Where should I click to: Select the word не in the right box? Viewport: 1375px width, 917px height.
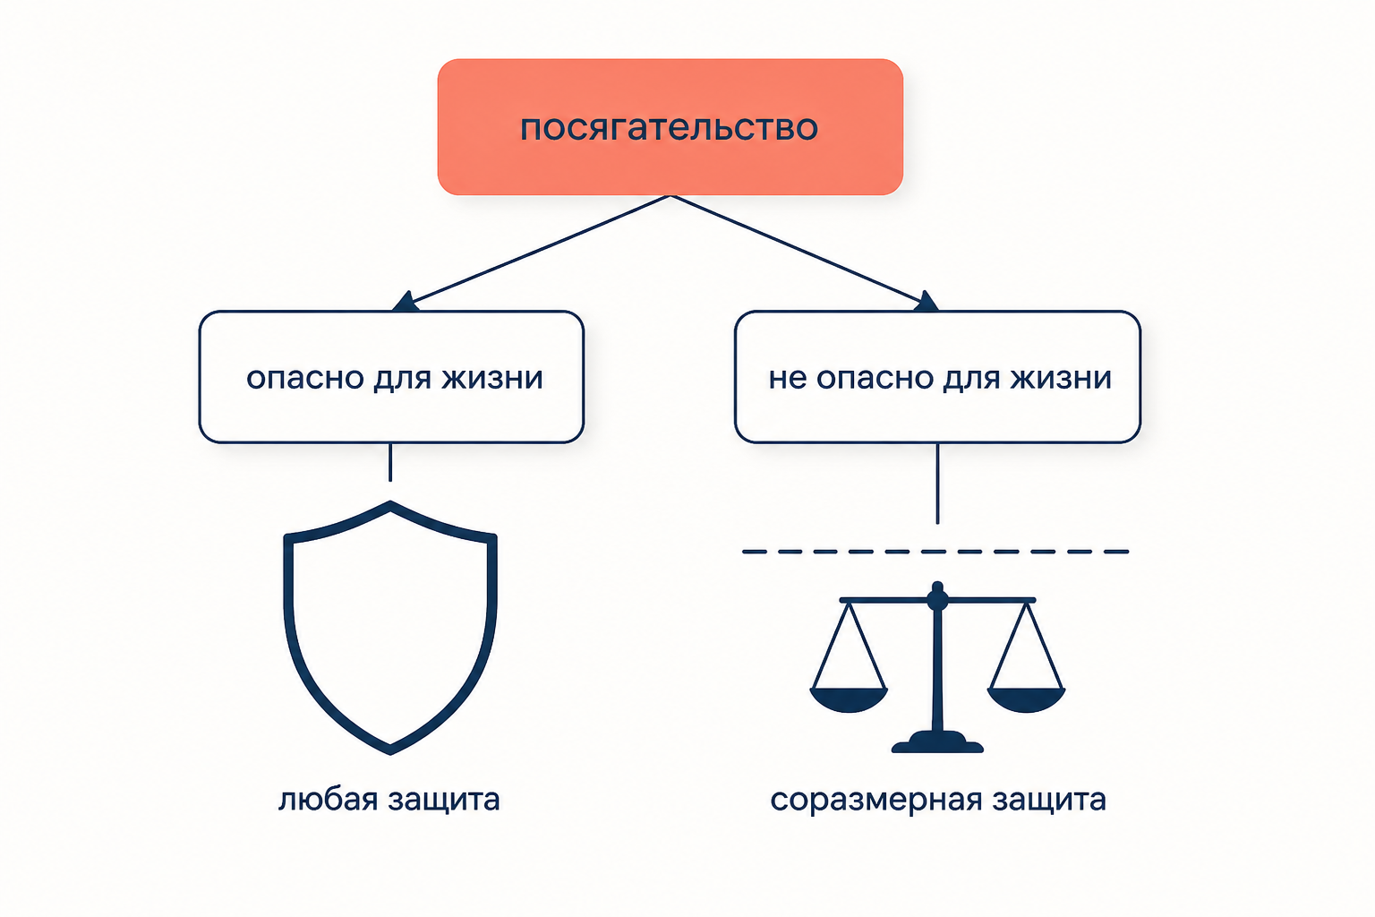point(788,378)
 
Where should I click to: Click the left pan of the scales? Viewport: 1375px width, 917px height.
point(849,699)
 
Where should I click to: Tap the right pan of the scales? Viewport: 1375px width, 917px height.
point(1026,699)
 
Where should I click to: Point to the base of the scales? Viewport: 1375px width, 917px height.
point(937,742)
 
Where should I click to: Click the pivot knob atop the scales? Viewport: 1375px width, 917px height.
point(937,596)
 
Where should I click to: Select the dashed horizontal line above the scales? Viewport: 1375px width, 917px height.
point(935,552)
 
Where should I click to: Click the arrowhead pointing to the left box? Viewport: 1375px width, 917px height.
point(406,302)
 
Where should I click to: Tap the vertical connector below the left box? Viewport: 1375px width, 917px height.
point(390,462)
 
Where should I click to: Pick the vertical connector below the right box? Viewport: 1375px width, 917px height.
point(937,484)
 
